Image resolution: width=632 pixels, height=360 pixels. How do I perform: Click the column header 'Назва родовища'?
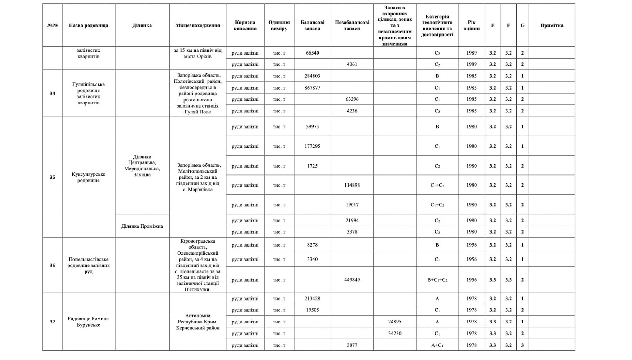88,25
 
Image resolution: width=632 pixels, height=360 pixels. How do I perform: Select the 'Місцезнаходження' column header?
198,25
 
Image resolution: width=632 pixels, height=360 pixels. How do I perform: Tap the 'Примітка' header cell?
551,25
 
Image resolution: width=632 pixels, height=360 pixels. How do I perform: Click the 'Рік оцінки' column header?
472,25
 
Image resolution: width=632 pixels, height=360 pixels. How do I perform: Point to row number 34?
52,94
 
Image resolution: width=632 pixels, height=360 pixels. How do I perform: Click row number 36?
52,266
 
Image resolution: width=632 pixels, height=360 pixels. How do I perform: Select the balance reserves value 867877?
312,88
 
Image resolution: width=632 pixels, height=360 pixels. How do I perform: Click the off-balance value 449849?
352,280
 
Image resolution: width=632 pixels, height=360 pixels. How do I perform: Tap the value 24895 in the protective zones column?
395,322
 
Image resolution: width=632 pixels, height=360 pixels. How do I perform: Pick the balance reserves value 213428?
312,299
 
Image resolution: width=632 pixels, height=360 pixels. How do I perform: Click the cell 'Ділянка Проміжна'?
142,226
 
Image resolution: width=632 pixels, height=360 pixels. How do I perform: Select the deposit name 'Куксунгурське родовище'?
88,177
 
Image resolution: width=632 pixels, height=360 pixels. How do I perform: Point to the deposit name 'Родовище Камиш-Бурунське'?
88,322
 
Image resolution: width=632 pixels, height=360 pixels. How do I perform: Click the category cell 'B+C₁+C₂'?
437,280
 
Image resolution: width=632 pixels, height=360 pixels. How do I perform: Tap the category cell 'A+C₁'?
437,345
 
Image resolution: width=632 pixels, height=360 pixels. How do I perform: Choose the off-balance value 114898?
352,185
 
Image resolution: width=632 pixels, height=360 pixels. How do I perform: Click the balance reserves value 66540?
312,53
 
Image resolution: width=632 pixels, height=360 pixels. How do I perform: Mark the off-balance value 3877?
352,345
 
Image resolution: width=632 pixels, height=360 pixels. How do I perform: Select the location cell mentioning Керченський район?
198,322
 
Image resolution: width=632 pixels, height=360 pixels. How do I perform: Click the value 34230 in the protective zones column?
395,333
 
